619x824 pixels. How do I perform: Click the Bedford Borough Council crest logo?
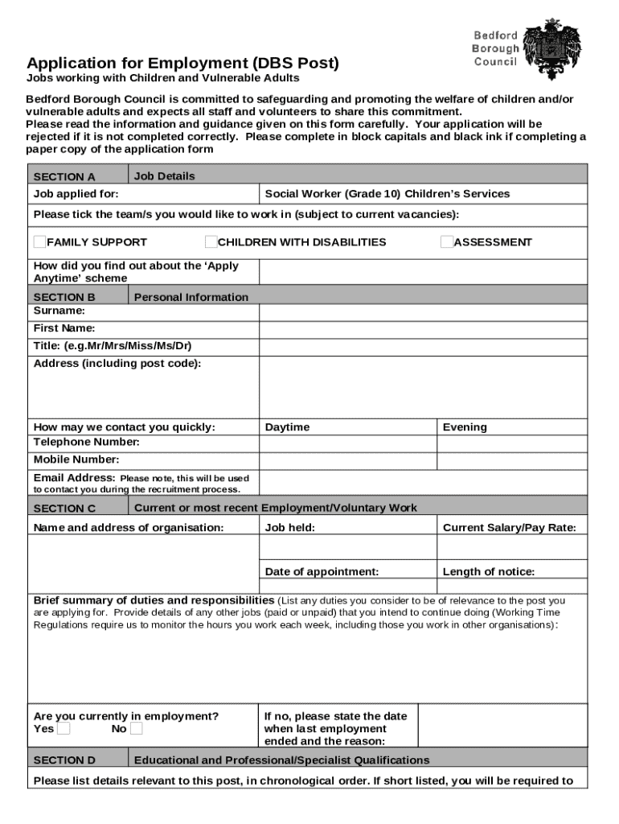click(551, 48)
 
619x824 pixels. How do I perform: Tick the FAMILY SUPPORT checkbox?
click(39, 241)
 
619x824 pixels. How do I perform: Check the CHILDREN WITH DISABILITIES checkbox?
click(211, 241)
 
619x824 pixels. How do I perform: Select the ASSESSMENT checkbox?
click(446, 241)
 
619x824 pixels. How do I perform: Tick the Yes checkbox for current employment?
click(64, 728)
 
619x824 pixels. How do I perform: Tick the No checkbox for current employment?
click(136, 728)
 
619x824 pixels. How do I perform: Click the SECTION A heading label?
click(64, 176)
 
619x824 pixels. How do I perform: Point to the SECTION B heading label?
click(64, 296)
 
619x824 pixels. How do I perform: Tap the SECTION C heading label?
click(64, 508)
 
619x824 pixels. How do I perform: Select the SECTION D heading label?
click(64, 760)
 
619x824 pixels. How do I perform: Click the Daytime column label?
click(287, 427)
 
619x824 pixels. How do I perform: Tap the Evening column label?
click(465, 427)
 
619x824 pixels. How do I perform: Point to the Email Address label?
click(75, 477)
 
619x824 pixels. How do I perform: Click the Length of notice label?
click(488, 571)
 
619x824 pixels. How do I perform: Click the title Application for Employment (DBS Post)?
click(182, 63)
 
